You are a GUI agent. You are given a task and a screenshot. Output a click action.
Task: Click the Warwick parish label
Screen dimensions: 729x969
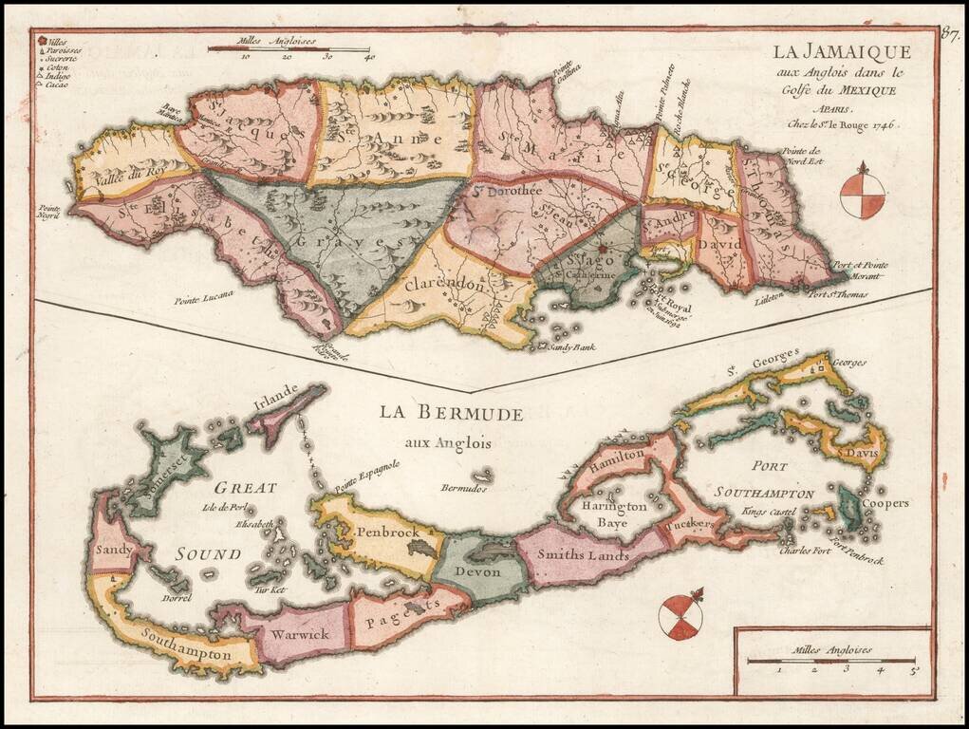tap(297, 633)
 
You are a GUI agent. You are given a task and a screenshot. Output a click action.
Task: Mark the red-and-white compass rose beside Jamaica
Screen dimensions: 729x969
tap(862, 192)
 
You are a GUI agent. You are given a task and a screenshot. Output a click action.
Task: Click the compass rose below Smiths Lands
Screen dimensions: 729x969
tap(680, 616)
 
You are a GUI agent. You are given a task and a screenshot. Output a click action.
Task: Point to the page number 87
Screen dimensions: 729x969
tap(949, 36)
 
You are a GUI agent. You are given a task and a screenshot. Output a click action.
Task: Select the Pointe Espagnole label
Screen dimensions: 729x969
tap(366, 473)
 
